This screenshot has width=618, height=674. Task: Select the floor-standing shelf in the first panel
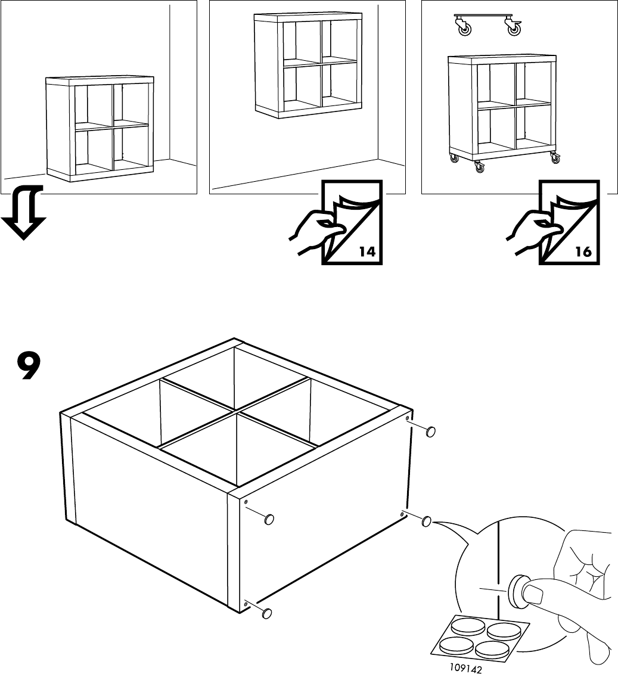(100, 128)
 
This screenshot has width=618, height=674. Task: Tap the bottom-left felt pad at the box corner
(266, 612)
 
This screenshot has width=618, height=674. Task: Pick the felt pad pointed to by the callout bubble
(426, 522)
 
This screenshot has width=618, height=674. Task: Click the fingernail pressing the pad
(532, 593)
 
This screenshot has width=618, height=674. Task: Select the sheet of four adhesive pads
(480, 635)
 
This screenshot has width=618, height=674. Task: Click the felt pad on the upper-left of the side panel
(269, 519)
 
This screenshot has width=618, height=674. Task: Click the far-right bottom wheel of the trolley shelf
(555, 159)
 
